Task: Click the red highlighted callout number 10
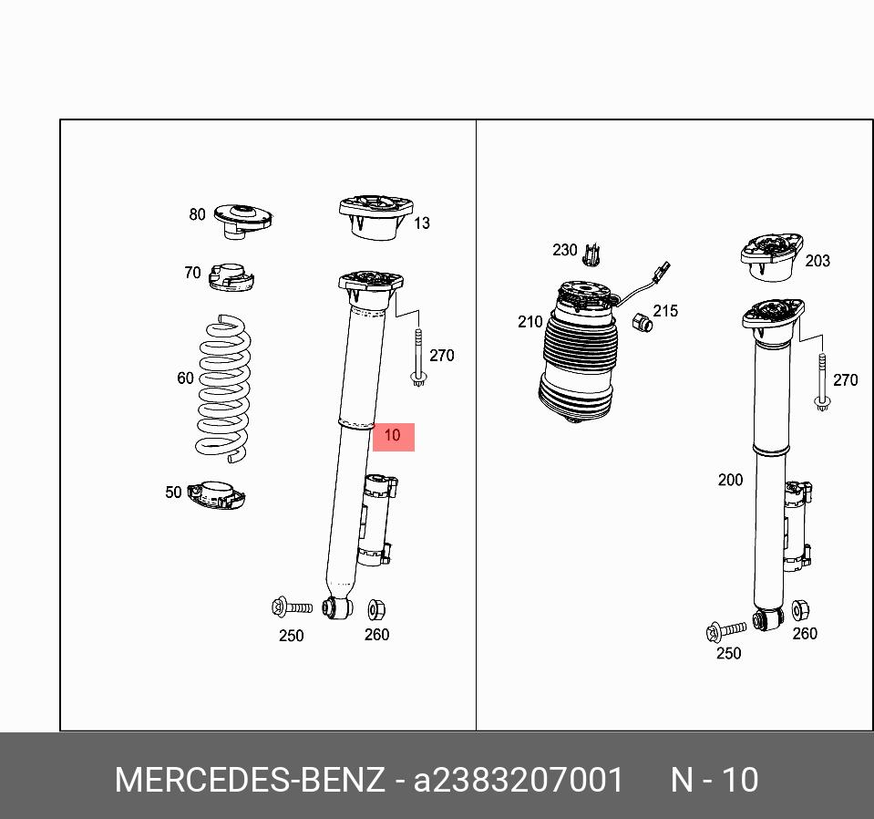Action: tap(393, 436)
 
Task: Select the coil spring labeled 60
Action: tap(223, 389)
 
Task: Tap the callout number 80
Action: tap(198, 214)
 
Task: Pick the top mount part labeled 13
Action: tap(376, 218)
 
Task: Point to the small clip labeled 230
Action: tap(592, 255)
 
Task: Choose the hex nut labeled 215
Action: tap(643, 323)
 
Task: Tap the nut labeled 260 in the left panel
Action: tap(376, 610)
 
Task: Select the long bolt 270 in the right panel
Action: tap(822, 382)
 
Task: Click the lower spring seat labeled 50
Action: tap(216, 494)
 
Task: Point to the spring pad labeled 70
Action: tap(231, 276)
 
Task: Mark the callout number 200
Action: tap(730, 480)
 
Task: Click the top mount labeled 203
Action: tap(772, 258)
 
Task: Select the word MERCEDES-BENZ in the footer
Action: tap(250, 780)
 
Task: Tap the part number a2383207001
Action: tap(518, 780)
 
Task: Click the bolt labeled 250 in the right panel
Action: tap(725, 630)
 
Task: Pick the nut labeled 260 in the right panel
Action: tap(800, 610)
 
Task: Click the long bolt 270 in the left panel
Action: tap(418, 358)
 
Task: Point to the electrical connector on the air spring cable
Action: tap(663, 272)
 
